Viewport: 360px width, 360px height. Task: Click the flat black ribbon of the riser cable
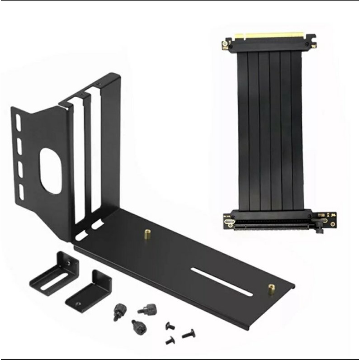[x=269, y=131]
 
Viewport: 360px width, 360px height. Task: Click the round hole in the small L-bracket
[x=80, y=303]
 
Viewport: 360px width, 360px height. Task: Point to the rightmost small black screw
[x=187, y=335]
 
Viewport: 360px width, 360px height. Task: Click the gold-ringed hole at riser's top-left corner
[x=225, y=44]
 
